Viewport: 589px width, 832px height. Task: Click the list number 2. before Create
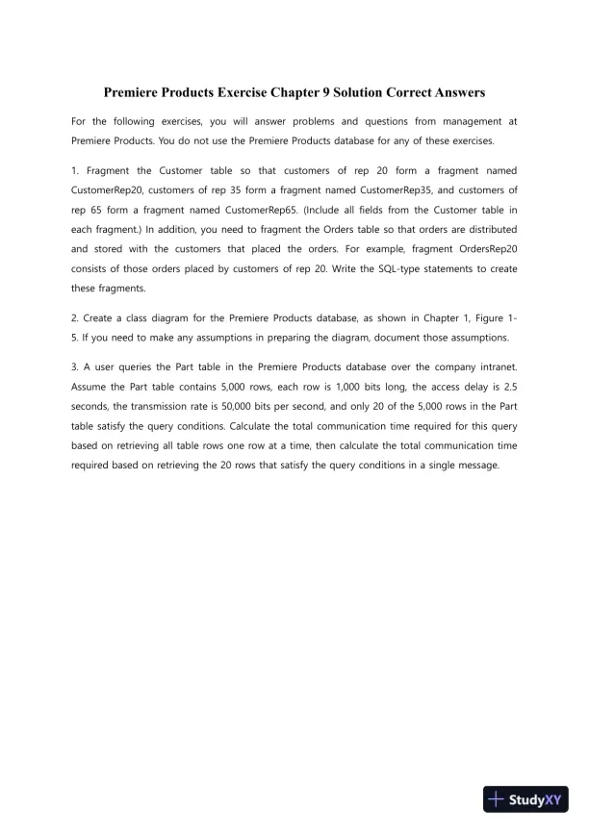(x=76, y=318)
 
